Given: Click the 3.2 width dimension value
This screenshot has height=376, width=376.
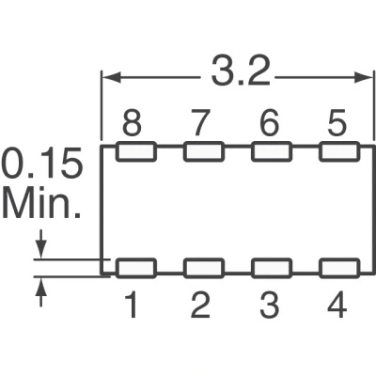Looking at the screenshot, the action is (x=241, y=72).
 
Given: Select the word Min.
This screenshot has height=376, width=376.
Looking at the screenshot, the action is (x=41, y=204).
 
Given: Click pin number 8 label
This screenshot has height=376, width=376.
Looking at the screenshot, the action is (x=132, y=122).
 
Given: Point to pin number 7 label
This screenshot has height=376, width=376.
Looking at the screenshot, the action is (x=199, y=122).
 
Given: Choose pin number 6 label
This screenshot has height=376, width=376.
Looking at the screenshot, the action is (x=270, y=122).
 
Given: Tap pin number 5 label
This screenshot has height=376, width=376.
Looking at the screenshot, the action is (x=337, y=122).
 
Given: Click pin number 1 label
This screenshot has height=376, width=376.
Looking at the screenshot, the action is (x=132, y=305).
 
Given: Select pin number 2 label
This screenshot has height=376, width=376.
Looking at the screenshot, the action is (x=200, y=305).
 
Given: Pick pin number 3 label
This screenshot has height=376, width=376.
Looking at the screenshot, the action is (x=270, y=305).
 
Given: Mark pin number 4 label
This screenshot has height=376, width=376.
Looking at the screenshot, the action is (x=337, y=305).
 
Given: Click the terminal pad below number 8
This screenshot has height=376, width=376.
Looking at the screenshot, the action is (x=136, y=151).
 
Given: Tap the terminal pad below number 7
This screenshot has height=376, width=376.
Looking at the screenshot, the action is (x=204, y=151).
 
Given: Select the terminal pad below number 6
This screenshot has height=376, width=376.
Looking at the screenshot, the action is (x=272, y=151).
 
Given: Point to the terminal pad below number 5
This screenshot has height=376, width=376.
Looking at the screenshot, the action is (x=339, y=151).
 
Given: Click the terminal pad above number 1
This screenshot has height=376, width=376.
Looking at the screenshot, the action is (x=136, y=268).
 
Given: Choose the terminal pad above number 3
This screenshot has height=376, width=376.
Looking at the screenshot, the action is (x=272, y=268).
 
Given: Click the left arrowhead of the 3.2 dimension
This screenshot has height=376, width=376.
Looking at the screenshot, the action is (x=112, y=77).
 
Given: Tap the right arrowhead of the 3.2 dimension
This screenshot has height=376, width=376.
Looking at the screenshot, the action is (x=363, y=77).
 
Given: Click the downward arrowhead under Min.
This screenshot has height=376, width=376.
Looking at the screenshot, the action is (x=41, y=249).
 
